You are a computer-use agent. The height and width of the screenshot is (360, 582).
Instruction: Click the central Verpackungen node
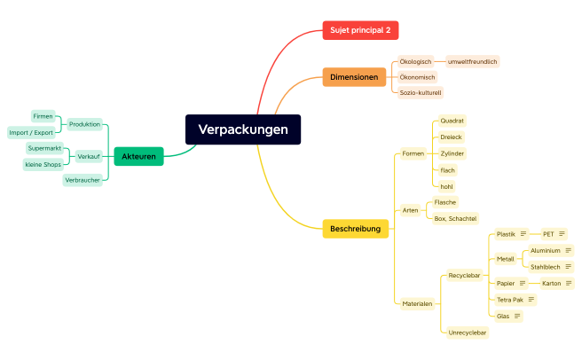[x=243, y=129]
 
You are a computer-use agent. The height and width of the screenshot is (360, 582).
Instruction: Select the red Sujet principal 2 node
[x=360, y=30]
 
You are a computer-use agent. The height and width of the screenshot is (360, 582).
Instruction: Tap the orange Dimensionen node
[x=354, y=77]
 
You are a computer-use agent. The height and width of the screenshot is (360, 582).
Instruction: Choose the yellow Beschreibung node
[x=355, y=229]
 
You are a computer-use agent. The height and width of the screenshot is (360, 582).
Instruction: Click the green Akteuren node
[x=138, y=156]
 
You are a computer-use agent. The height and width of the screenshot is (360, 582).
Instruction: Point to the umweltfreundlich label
[x=472, y=62]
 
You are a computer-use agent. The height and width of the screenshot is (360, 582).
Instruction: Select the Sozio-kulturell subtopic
[x=421, y=92]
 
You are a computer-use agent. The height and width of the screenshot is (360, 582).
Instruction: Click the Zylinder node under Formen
[x=452, y=153]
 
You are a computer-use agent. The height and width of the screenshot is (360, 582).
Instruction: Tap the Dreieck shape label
[x=452, y=137]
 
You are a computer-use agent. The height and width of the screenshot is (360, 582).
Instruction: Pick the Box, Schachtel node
[x=455, y=218]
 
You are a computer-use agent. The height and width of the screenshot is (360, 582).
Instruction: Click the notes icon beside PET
[x=562, y=234]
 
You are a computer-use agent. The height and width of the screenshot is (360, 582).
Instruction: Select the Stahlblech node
[x=545, y=266]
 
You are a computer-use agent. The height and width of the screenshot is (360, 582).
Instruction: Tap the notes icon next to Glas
[x=517, y=316]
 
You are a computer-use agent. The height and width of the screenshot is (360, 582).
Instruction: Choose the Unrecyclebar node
[x=468, y=333]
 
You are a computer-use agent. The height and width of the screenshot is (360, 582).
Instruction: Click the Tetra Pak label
[x=510, y=300]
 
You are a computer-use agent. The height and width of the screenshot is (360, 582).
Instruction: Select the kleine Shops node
[x=43, y=164]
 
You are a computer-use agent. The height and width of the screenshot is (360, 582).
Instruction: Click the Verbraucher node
[x=83, y=180]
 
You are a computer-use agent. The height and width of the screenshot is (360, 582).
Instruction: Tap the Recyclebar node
[x=464, y=276]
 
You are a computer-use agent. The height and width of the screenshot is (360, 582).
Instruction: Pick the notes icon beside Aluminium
[x=568, y=251]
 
